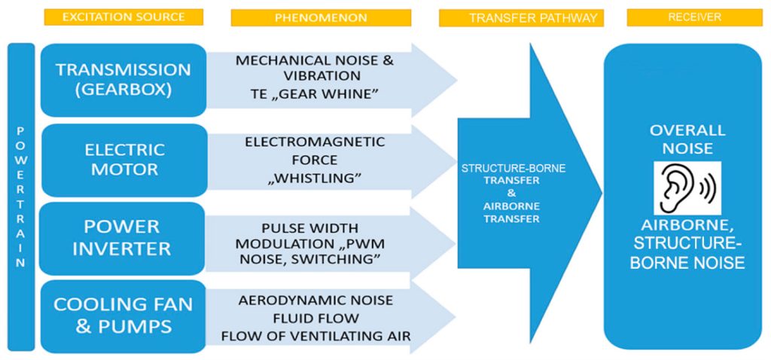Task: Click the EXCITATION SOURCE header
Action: click(124, 17)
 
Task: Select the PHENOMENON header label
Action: click(321, 17)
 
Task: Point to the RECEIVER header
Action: click(693, 17)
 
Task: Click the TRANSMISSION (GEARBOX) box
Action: click(123, 80)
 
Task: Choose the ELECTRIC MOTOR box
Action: click(123, 159)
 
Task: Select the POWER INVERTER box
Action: click(122, 237)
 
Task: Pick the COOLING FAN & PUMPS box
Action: click(123, 316)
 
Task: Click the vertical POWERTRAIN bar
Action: click(21, 196)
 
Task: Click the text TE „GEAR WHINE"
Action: click(315, 93)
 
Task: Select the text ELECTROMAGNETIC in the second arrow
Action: click(315, 142)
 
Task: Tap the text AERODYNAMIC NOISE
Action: click(315, 300)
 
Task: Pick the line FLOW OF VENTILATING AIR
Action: click(315, 336)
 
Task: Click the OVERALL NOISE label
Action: click(687, 139)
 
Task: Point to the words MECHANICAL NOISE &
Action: click(315, 59)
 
